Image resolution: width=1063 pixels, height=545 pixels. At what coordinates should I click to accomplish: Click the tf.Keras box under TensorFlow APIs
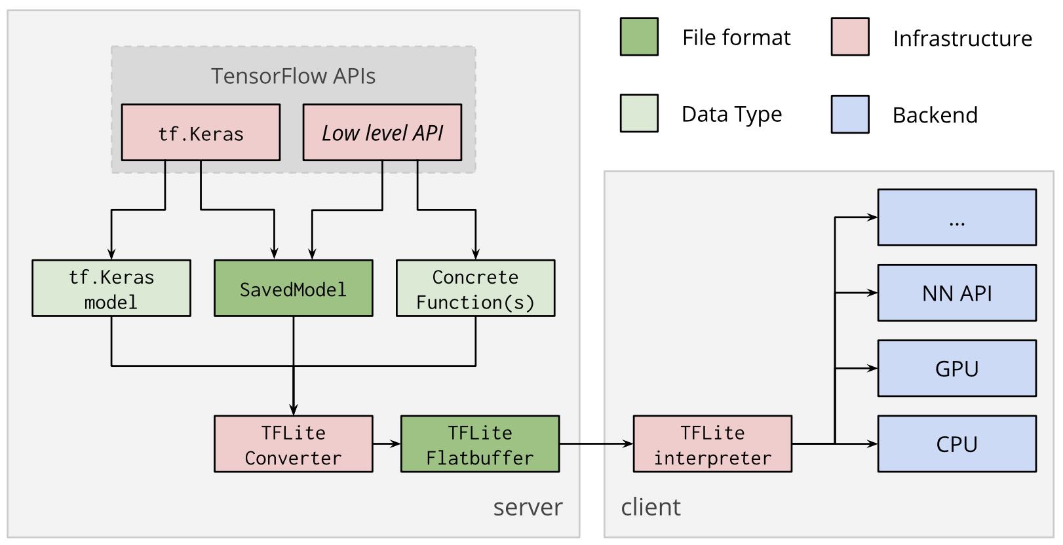click(x=201, y=132)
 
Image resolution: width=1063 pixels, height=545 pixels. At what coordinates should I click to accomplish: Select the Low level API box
click(x=382, y=132)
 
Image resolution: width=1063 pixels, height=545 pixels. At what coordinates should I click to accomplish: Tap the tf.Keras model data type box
click(x=111, y=288)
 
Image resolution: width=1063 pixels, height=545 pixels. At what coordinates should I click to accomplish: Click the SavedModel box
click(x=293, y=288)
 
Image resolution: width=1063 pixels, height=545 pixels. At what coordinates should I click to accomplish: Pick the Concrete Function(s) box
click(x=475, y=288)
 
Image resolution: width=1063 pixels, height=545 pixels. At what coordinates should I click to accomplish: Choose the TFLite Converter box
click(x=293, y=444)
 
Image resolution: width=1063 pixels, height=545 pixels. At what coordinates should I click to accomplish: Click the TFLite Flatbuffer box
click(x=480, y=444)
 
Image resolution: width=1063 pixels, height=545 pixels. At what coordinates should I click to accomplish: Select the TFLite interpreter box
click(x=712, y=444)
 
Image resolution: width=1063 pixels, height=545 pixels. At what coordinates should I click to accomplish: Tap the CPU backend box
click(x=957, y=444)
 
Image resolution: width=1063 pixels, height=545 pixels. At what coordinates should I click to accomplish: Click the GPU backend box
click(x=957, y=368)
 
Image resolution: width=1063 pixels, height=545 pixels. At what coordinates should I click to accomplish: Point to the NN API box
click(x=957, y=293)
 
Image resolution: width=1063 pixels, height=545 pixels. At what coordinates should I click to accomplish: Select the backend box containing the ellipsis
click(x=957, y=217)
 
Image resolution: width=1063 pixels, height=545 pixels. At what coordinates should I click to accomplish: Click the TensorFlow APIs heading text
click(x=293, y=76)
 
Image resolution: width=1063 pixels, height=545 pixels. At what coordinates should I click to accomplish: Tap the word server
click(x=528, y=508)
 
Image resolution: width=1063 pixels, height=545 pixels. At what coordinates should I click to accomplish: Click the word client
click(x=651, y=508)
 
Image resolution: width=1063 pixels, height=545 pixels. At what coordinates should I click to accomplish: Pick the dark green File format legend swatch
click(x=639, y=37)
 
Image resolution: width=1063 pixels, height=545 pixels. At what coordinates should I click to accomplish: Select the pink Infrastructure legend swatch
click(x=850, y=37)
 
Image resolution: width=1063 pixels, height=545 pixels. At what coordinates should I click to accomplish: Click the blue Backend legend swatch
click(x=850, y=114)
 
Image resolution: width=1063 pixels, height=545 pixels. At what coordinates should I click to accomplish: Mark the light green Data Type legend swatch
click(x=639, y=113)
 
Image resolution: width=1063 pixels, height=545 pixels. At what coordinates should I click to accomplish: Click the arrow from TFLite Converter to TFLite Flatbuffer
click(x=387, y=444)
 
